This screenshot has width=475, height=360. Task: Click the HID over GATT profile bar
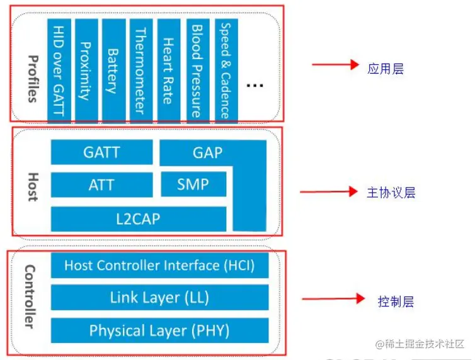coord(59,70)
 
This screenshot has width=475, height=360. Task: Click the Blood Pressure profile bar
coord(197,70)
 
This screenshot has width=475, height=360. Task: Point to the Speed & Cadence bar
coord(224,70)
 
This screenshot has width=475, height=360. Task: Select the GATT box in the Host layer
coord(101,152)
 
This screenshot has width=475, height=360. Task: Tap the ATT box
coord(101,185)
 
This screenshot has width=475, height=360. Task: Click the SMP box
coord(193,185)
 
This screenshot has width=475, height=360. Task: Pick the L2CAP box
coord(139,219)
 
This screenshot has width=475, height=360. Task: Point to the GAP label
coord(207,152)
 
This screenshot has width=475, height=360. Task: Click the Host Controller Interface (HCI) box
coord(159,266)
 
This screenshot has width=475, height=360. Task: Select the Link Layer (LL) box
coord(159,297)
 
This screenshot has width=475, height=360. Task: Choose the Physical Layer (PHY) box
coord(159,330)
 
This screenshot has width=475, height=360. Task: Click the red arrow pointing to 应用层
coord(335,64)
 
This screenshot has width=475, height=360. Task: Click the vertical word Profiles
coord(32,78)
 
